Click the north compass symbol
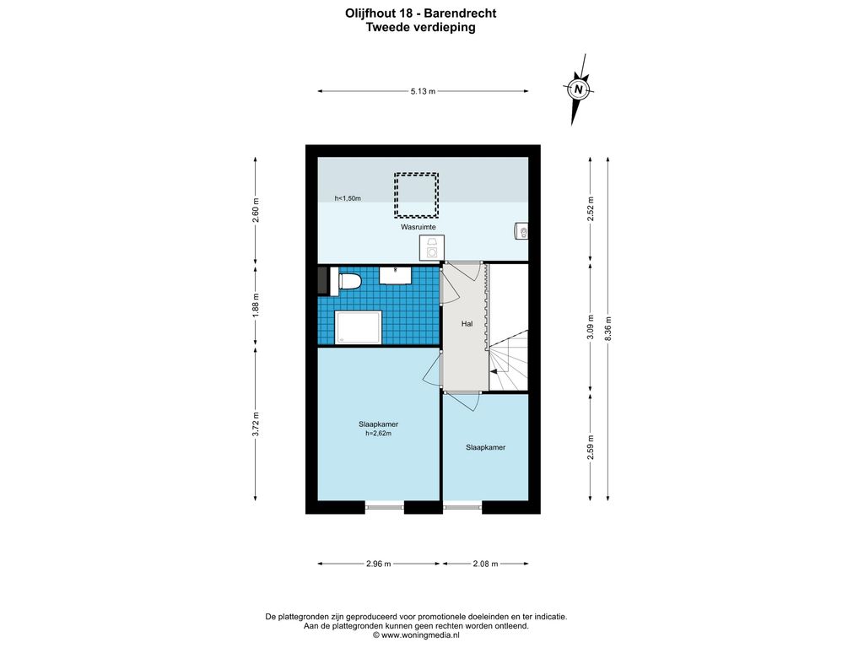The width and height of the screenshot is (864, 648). click(578, 89)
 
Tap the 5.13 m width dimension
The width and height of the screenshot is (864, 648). click(423, 91)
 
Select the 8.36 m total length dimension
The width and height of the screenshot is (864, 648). click(607, 329)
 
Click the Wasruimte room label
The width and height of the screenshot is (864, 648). click(418, 227)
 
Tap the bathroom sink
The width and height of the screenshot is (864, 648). click(395, 275)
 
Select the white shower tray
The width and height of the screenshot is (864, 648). click(359, 327)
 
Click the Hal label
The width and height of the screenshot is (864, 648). click(467, 324)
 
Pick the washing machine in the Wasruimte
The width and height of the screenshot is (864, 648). click(431, 247)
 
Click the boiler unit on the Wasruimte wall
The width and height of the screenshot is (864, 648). click(521, 231)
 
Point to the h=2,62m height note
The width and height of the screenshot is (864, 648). click(379, 434)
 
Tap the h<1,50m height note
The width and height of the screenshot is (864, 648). click(348, 198)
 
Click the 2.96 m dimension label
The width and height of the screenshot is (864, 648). click(379, 564)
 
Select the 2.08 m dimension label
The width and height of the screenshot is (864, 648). click(485, 564)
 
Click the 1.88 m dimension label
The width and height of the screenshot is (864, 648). click(255, 305)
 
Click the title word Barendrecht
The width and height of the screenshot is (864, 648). click(462, 13)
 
